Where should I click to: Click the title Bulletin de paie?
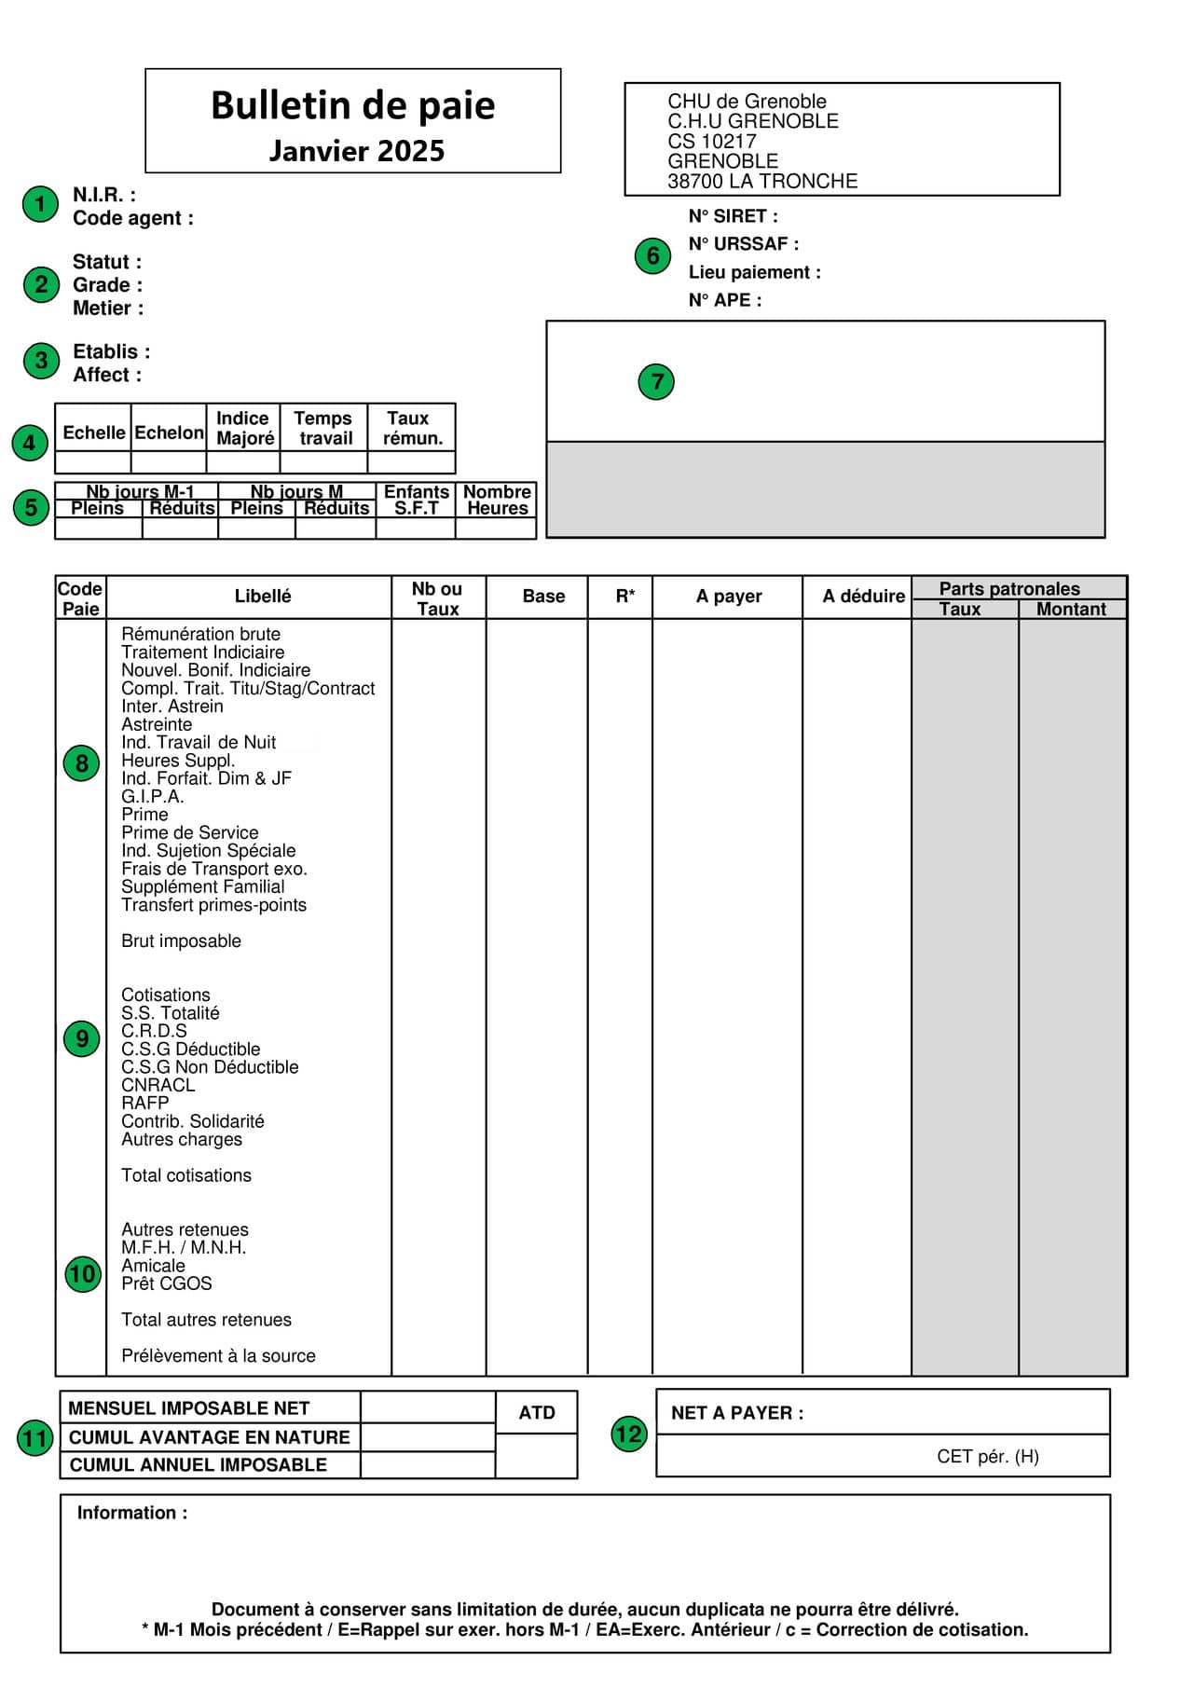(352, 105)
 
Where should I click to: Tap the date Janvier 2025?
(357, 151)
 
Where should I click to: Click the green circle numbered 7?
(657, 381)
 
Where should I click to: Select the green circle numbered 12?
(629, 1433)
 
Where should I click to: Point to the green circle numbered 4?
(30, 443)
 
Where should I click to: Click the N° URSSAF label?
(743, 244)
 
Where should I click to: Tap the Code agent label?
(133, 218)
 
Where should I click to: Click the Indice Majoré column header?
(244, 428)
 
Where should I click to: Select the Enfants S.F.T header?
(416, 500)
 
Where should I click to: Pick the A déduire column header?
(863, 597)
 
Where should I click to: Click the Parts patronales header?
(1009, 589)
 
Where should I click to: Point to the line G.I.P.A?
(153, 797)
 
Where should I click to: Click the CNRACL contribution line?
(158, 1085)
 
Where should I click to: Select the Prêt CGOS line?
(167, 1283)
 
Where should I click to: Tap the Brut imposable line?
(181, 941)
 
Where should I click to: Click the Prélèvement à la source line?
(218, 1356)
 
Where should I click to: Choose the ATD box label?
(537, 1413)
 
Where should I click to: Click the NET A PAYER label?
(737, 1413)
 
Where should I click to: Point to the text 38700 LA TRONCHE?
(762, 182)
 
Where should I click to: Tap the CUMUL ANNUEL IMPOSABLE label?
(199, 1465)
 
